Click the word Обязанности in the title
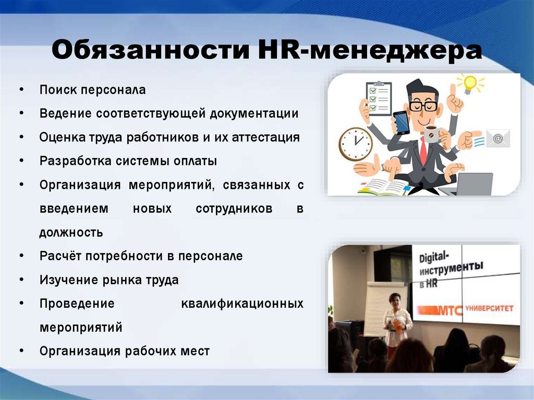(x=151, y=50)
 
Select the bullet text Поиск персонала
(x=93, y=90)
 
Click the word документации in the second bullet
(x=254, y=114)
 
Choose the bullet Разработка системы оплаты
(x=128, y=161)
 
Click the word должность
(x=71, y=233)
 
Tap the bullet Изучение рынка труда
(x=109, y=280)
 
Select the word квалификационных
(x=242, y=303)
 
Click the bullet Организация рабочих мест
(x=125, y=351)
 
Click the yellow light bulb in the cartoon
(x=470, y=84)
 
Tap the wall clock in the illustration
(x=356, y=144)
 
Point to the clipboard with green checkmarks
(x=378, y=99)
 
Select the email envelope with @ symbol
(x=498, y=138)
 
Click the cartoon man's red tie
(x=423, y=150)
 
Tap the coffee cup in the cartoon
(x=432, y=134)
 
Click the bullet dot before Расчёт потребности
(x=22, y=256)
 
